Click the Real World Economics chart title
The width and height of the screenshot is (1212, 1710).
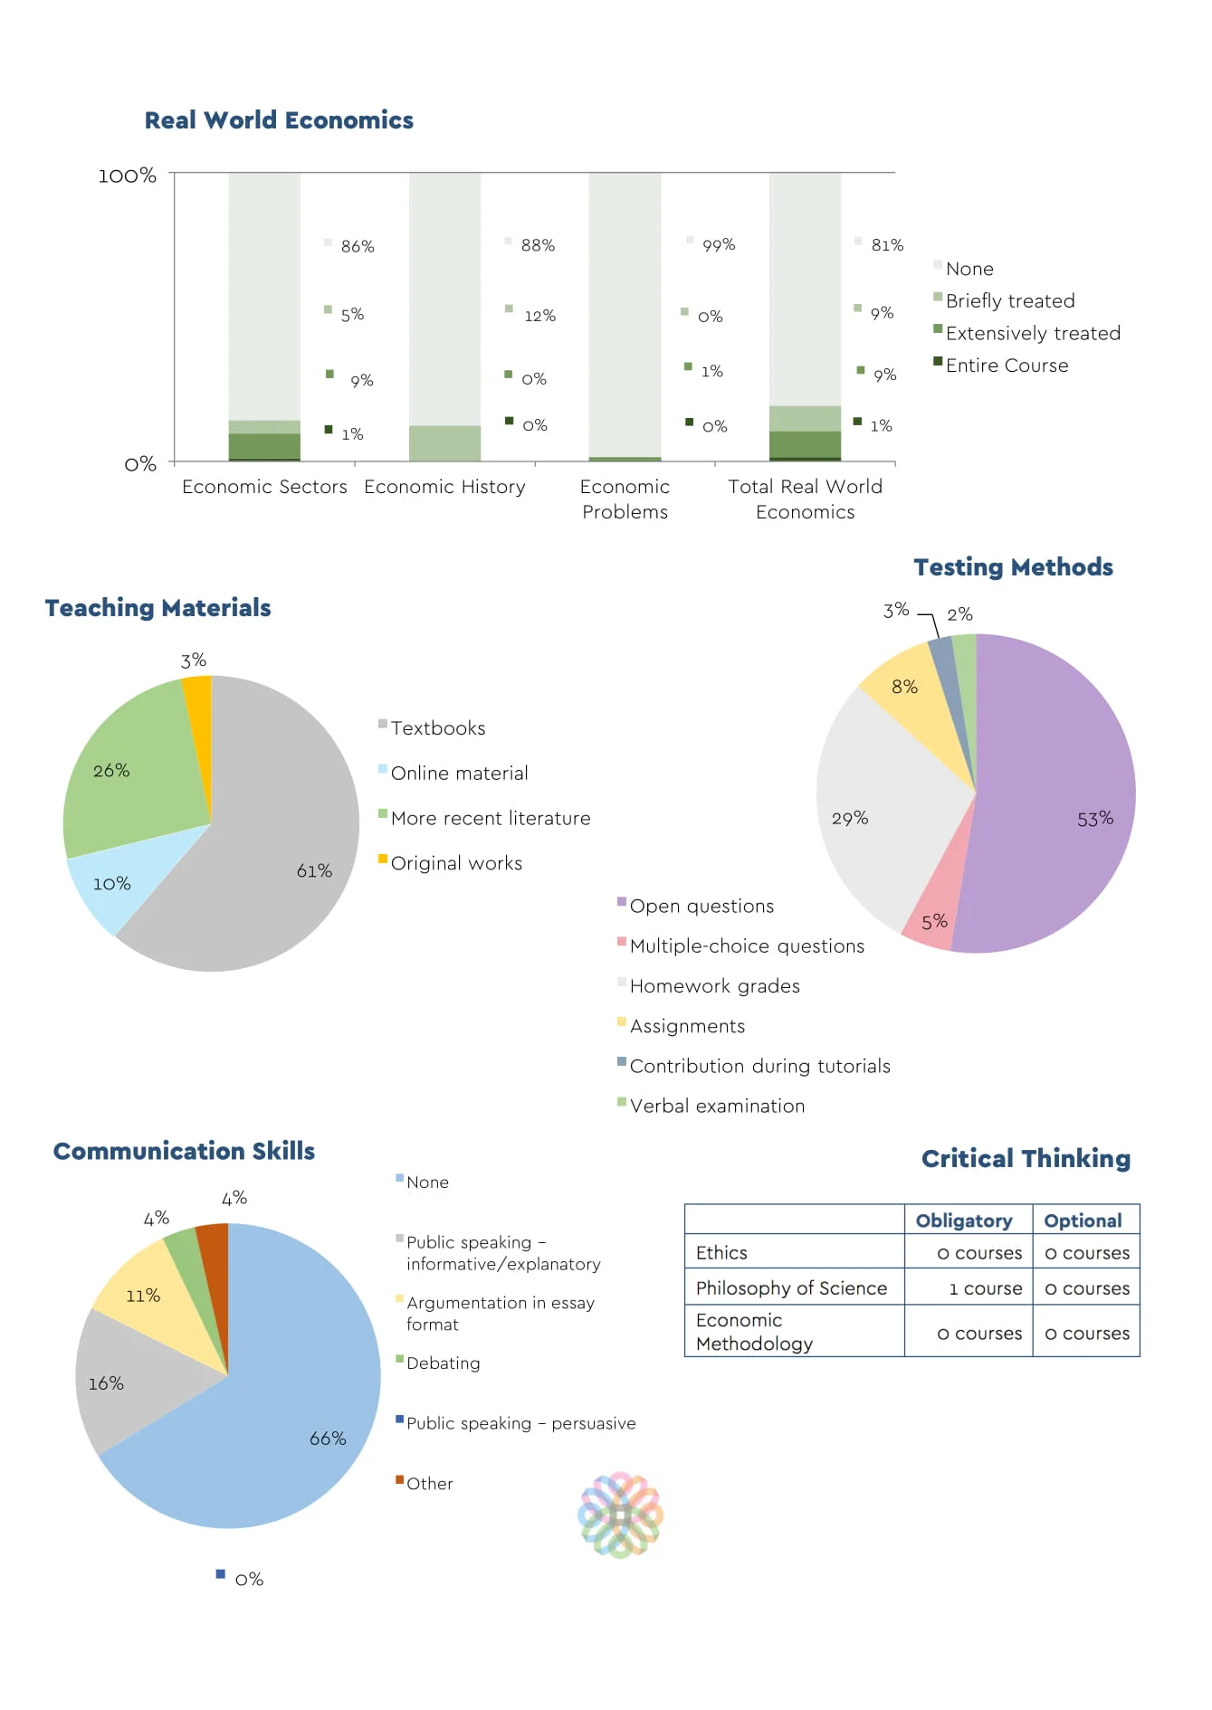point(279,120)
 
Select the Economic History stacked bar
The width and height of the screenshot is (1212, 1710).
point(444,317)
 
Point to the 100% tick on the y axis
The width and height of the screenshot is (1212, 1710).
point(127,176)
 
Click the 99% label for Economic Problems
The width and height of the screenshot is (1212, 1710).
point(718,245)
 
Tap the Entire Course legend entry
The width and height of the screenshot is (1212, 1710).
point(1006,366)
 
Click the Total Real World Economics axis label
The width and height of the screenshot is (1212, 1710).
point(805,499)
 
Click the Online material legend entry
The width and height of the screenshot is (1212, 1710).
point(458,773)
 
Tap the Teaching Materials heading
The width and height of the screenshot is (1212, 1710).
point(157,608)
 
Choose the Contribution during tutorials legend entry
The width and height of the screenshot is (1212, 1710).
point(759,1066)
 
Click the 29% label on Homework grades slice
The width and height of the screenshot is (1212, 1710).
point(849,818)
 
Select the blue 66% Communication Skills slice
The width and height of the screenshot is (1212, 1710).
point(272,1430)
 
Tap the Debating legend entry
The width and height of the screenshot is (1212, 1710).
point(443,1363)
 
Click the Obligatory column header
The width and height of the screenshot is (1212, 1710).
point(963,1221)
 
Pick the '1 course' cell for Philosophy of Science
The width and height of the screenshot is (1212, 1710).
point(985,1288)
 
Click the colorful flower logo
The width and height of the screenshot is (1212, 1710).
point(620,1514)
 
